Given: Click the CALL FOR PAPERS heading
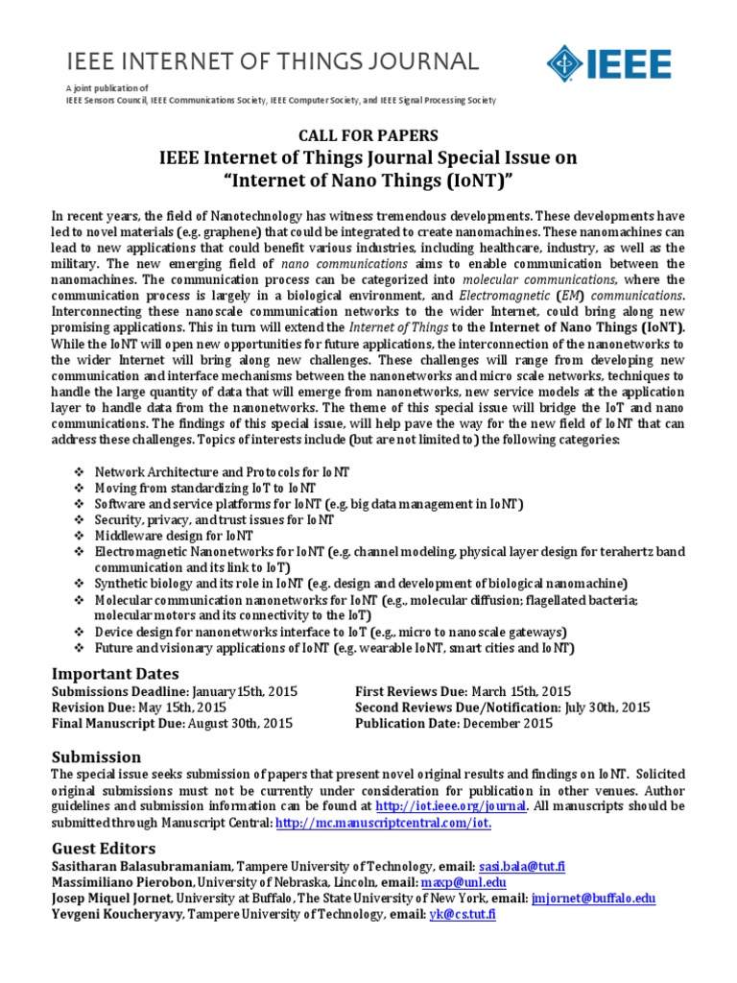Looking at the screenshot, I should [x=368, y=135].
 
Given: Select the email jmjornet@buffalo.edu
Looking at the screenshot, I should [x=592, y=899].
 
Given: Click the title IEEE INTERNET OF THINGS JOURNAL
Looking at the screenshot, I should [x=272, y=62].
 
